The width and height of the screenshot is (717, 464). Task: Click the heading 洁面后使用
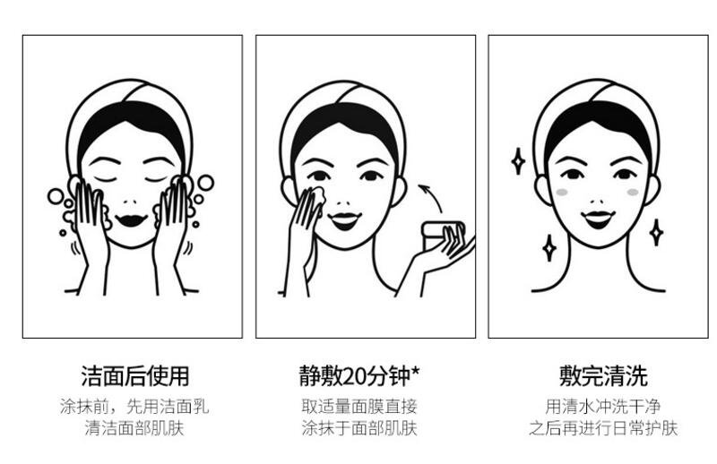[135, 376]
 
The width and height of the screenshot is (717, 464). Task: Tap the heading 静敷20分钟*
[359, 376]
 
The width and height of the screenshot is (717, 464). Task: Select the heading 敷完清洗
[603, 376]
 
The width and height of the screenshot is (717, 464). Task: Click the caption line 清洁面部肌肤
[134, 428]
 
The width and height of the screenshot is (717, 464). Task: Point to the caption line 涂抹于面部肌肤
[359, 428]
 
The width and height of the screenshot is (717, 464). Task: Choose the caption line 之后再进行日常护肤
[603, 428]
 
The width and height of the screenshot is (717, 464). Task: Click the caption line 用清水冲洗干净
[603, 407]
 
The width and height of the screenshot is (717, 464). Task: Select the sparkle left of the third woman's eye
[518, 161]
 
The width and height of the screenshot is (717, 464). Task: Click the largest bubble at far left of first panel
[56, 196]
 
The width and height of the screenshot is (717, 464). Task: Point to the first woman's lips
[131, 220]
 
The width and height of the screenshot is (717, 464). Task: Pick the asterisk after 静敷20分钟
[415, 370]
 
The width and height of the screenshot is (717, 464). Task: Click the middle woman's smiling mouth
[345, 220]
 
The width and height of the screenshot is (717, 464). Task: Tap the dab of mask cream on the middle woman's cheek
[317, 196]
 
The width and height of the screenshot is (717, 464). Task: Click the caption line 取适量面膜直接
[359, 407]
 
